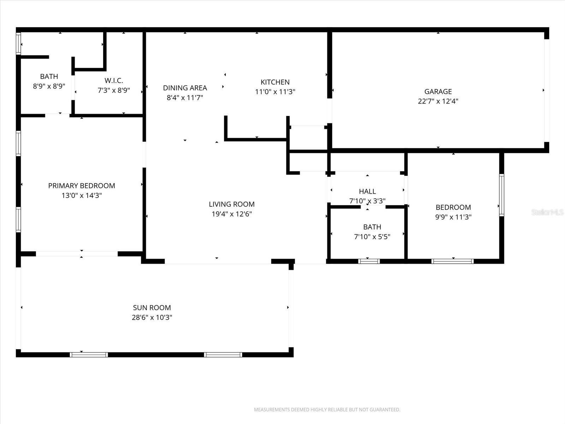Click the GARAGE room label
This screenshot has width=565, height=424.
438,92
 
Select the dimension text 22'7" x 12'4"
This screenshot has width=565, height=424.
438,101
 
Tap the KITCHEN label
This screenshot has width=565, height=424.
275,82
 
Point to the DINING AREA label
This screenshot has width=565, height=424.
185,88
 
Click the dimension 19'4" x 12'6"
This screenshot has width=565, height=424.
232,214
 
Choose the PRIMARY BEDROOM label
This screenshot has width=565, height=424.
82,185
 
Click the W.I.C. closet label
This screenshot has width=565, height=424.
114,81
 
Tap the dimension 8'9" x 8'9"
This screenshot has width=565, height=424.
49,86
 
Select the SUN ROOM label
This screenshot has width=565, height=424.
152,308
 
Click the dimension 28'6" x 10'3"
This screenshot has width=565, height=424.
152,317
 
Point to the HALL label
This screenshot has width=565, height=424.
367,192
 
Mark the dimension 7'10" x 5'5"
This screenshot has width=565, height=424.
372,237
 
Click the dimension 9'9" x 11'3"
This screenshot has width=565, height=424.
453,217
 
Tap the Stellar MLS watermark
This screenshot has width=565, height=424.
547,212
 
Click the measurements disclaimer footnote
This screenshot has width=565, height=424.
327,410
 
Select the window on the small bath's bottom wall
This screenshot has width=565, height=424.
369,261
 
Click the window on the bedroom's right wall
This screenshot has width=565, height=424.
501,195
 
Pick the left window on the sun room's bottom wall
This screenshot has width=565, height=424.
89,354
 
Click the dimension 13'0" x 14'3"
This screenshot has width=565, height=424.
82,195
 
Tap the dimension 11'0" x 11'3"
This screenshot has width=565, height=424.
275,92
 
